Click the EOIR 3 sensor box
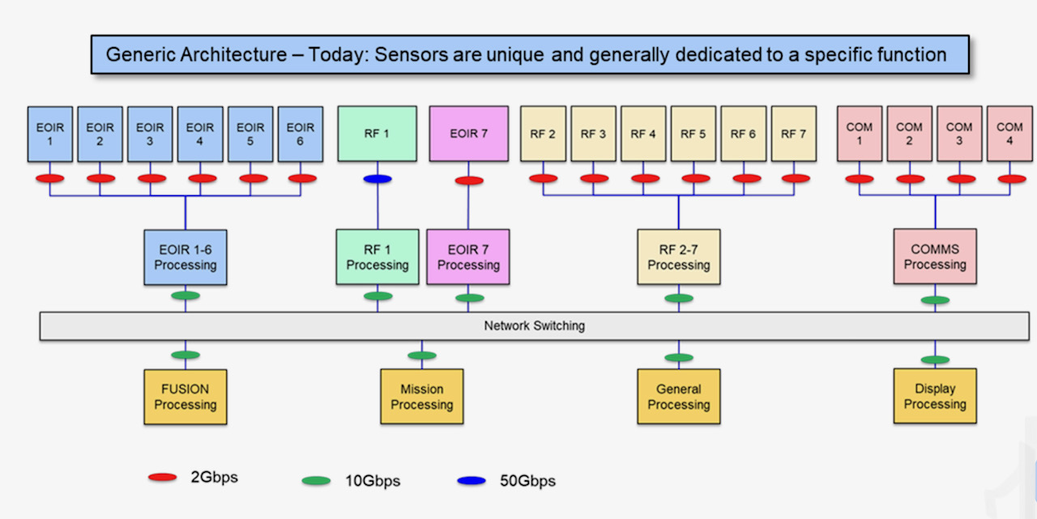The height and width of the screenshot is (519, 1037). tap(150, 134)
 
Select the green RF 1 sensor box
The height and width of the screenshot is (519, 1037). tap(377, 134)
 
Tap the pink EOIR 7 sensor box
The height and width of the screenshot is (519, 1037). tap(468, 134)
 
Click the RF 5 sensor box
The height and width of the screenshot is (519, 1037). tap(693, 134)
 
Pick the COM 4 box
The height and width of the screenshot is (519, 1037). tap(1009, 134)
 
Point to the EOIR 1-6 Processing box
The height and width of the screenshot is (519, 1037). tap(186, 257)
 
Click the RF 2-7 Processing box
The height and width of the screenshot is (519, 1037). tap(679, 257)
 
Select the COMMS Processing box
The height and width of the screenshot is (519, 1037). tap(935, 257)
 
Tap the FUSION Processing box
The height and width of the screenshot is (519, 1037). tap(186, 397)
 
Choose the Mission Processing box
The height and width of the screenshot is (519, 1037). tap(422, 397)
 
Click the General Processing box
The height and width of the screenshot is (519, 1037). tap(679, 397)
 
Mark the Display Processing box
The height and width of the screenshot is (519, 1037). tap(935, 396)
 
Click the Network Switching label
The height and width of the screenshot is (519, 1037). tap(535, 326)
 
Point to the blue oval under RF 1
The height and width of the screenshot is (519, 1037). tap(378, 179)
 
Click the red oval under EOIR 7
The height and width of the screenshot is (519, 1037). tap(469, 181)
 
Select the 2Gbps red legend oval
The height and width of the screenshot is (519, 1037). tap(163, 478)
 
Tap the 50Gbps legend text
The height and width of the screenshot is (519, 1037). tap(528, 481)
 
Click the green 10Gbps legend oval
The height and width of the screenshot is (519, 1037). tap(316, 481)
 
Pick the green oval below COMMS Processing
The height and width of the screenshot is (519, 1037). tap(936, 300)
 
